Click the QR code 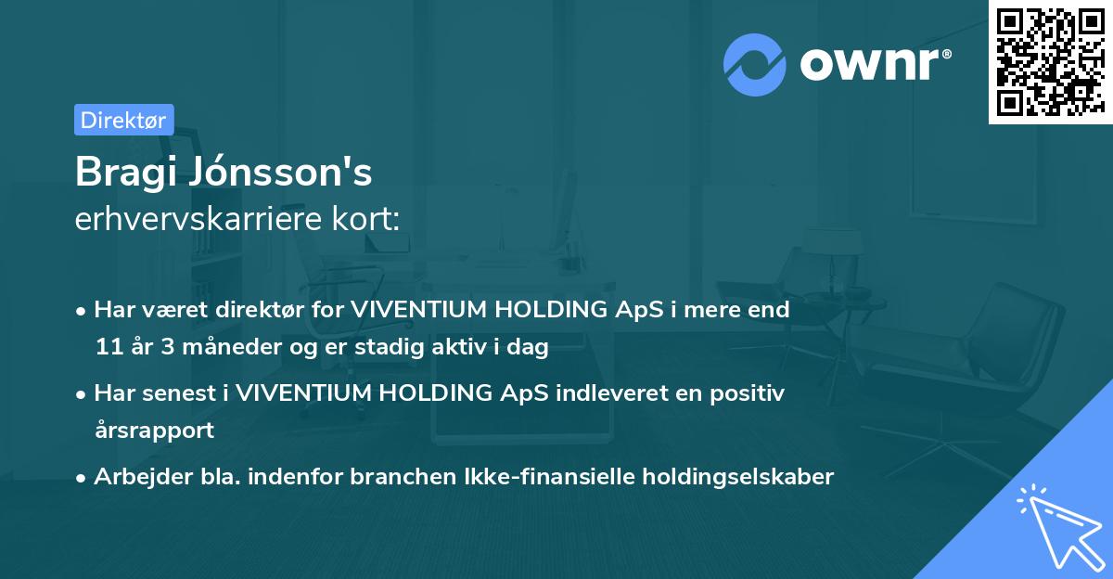1050,61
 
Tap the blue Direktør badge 123,120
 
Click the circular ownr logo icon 754,64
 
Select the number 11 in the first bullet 109,348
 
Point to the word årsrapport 154,431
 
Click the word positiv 751,393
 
